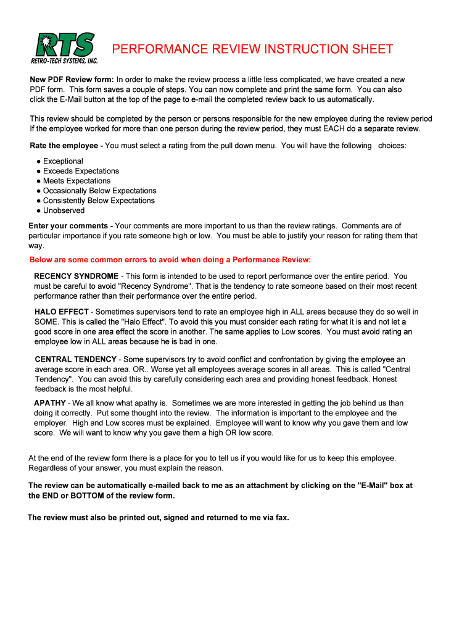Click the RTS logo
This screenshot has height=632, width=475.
64,44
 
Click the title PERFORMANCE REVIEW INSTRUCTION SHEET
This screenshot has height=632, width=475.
252,49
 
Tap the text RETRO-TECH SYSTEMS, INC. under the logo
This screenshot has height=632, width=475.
64,60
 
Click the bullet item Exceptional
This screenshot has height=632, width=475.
63,161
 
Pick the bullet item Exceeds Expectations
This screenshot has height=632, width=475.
81,171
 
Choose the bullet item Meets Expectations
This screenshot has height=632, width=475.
76,181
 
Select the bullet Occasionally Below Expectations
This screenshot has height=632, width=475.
99,191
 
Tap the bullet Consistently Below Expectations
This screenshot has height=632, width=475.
99,201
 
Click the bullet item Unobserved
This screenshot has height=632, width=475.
64,210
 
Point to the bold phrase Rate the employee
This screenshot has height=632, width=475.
65,146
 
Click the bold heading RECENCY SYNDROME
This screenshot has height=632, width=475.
76,276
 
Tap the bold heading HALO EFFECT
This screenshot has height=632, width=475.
62,312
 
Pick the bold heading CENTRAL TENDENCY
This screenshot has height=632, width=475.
76,359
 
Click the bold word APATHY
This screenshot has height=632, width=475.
50,403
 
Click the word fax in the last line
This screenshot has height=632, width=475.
281,517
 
